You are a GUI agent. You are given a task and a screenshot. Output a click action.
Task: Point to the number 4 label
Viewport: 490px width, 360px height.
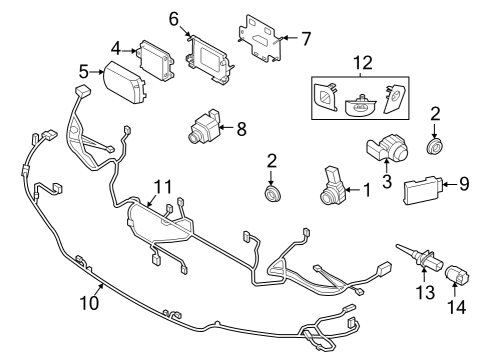click(117, 47)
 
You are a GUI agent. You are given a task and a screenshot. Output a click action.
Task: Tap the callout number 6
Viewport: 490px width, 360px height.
click(174, 18)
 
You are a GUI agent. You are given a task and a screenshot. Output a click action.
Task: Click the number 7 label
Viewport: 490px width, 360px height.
click(307, 40)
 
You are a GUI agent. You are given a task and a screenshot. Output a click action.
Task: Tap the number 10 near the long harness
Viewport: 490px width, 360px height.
click(89, 300)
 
